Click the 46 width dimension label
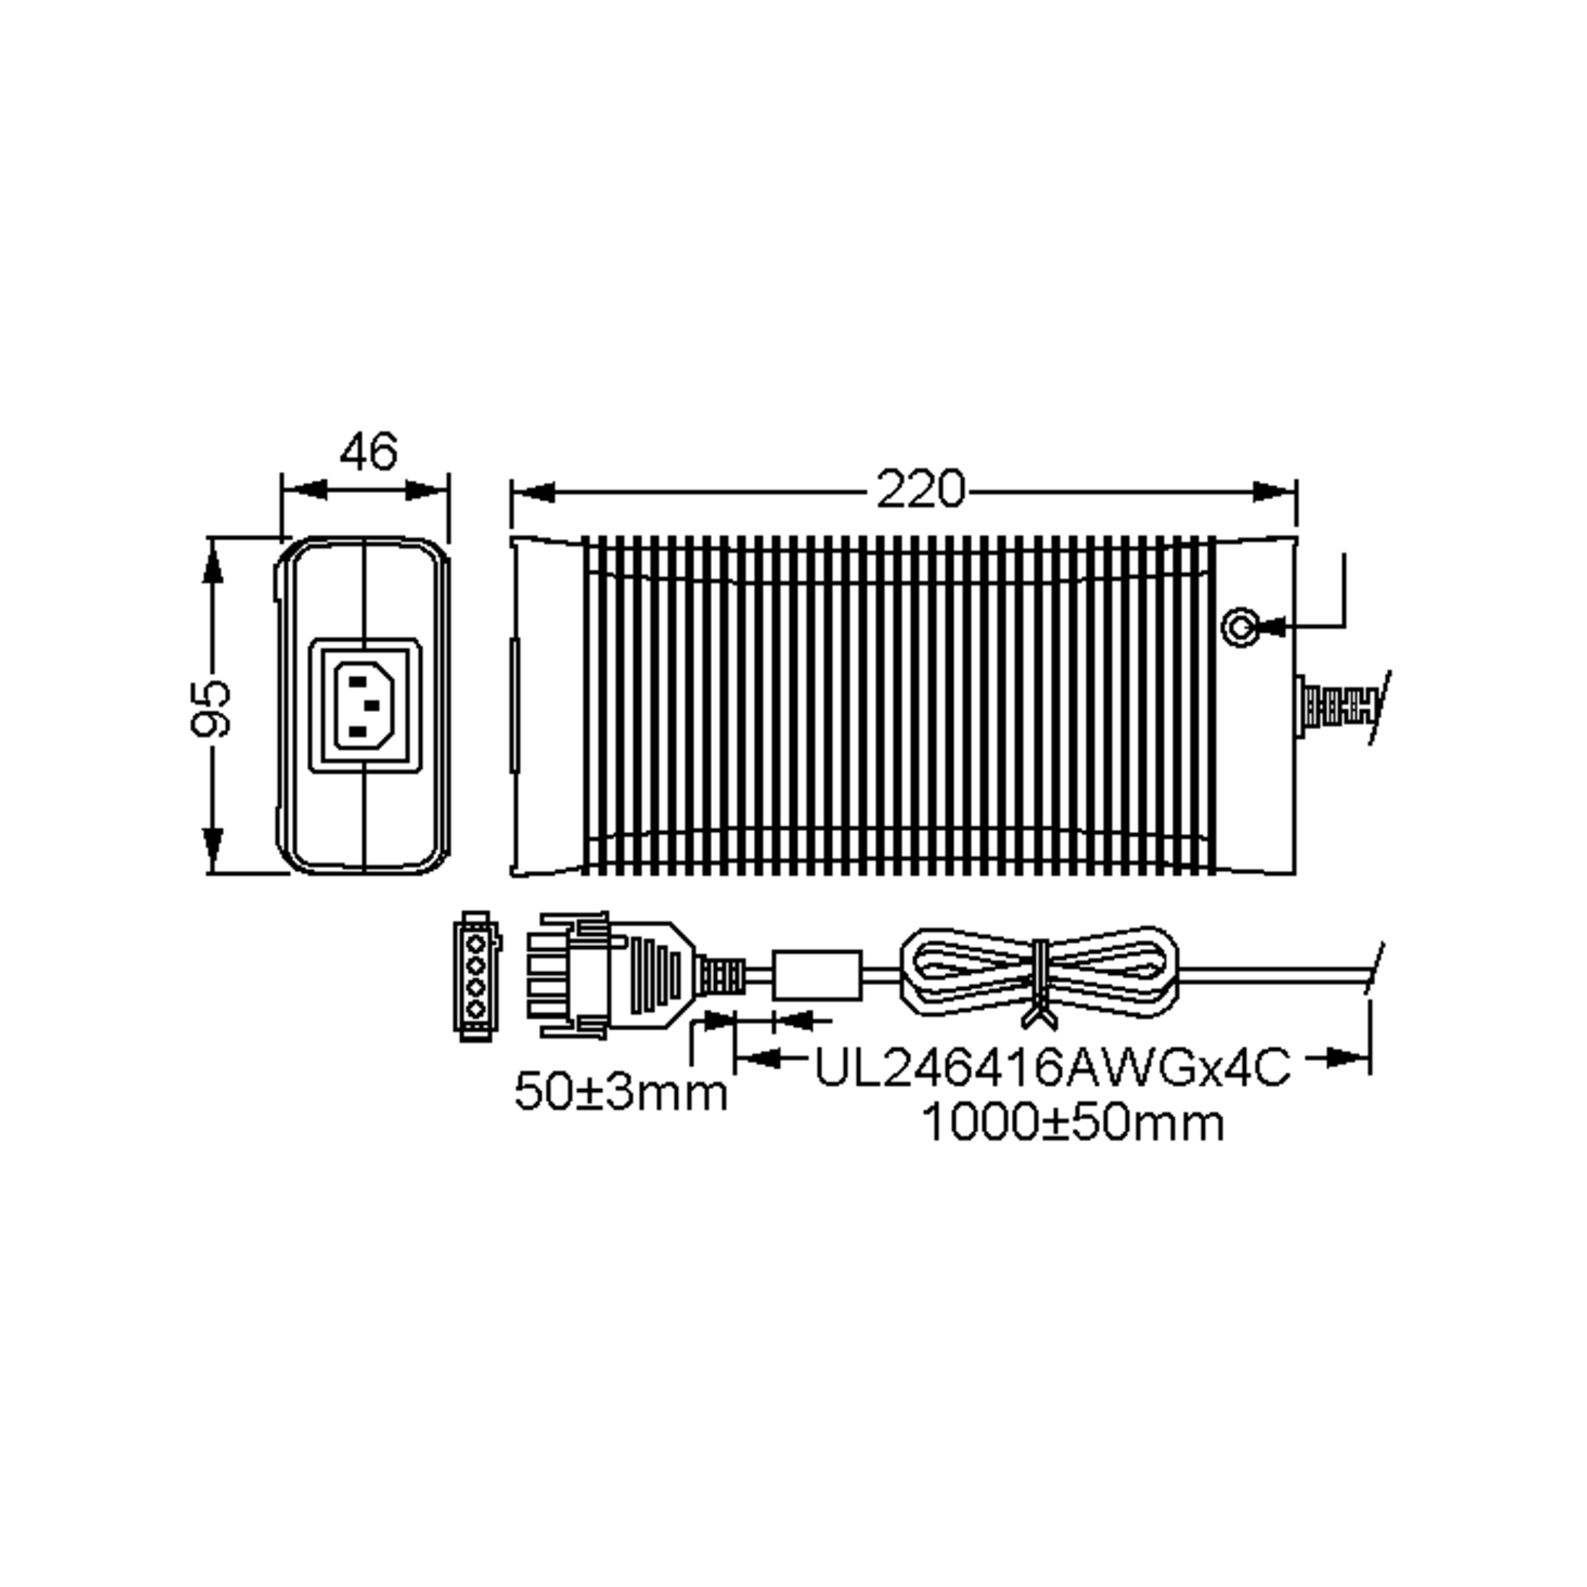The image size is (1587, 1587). (x=368, y=451)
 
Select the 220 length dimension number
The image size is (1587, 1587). (x=919, y=491)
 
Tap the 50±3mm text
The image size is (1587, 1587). (x=621, y=1093)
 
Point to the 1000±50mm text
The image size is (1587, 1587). (x=1073, y=1123)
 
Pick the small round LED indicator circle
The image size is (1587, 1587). (x=1240, y=628)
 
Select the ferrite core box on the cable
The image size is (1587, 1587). (x=817, y=975)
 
